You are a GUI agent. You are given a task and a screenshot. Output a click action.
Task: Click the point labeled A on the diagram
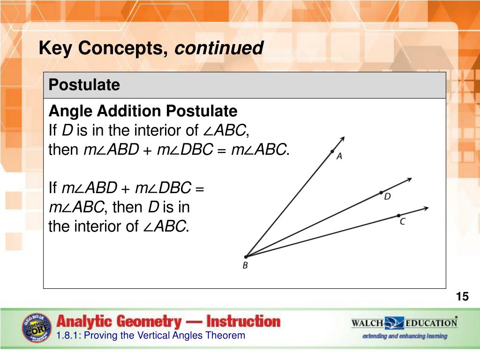point(332,151)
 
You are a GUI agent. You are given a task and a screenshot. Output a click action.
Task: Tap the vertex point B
point(246,257)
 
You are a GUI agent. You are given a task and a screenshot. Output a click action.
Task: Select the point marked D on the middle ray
point(381,193)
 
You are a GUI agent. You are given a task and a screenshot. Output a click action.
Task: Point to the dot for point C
point(398,216)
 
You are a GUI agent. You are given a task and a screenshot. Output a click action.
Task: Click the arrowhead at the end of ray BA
point(342,139)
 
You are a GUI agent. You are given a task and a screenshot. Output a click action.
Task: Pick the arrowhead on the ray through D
point(409,180)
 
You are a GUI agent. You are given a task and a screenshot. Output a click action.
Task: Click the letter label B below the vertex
point(245,265)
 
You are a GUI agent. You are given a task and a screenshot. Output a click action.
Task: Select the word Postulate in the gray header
point(84,85)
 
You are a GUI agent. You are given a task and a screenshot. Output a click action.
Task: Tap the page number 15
point(462,296)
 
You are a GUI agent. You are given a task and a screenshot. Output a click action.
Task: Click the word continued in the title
point(219,48)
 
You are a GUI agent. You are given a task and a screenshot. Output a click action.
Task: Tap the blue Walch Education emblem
point(394,323)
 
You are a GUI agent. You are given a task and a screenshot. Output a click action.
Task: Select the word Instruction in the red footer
point(243,322)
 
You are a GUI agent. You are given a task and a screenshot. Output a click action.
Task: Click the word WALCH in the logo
point(367,323)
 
